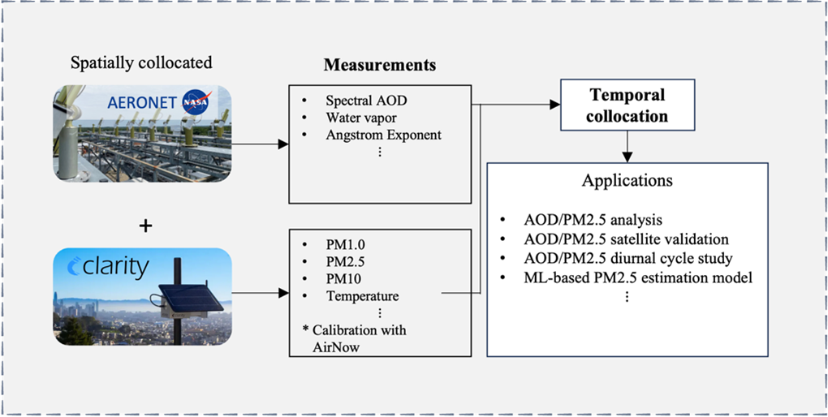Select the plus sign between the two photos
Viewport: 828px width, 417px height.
pos(145,225)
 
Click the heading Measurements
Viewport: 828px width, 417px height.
pos(379,64)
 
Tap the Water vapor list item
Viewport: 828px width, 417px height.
pos(360,118)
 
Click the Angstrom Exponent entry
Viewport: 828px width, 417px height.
pos(383,135)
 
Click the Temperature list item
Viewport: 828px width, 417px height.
pos(362,296)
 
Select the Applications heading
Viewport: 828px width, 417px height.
pos(627,180)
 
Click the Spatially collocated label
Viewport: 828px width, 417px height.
pos(141,62)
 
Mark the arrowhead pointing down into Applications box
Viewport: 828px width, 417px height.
pos(627,155)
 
